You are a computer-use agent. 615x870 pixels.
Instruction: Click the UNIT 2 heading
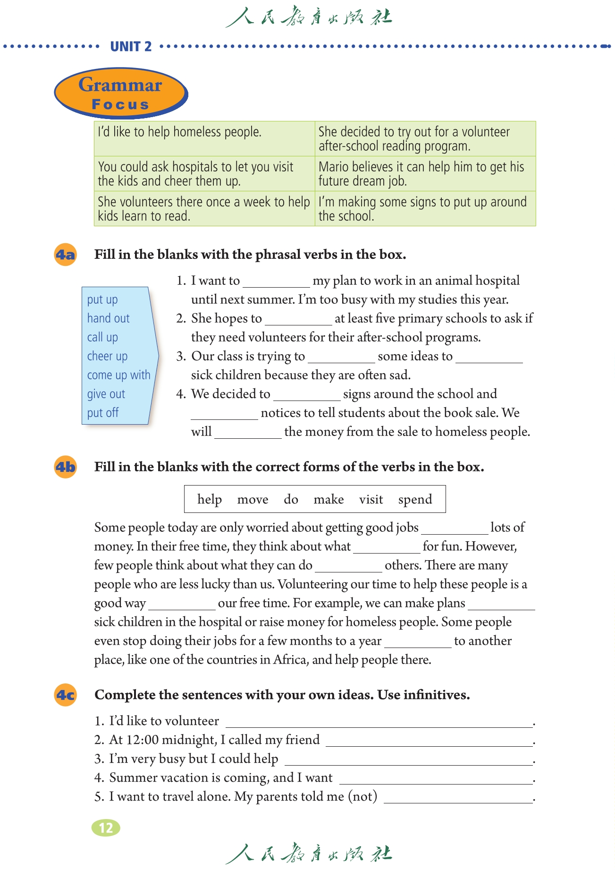pyautogui.click(x=131, y=46)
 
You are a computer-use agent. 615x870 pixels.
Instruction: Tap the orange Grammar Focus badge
pyautogui.click(x=120, y=93)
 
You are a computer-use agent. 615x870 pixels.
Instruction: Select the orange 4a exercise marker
pyautogui.click(x=65, y=255)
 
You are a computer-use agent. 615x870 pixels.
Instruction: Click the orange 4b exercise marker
pyautogui.click(x=65, y=467)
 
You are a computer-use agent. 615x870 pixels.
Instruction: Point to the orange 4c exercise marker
pyautogui.click(x=65, y=695)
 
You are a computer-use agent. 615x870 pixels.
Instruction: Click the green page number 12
pyautogui.click(x=106, y=827)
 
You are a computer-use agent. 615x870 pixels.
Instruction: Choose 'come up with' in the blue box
pyautogui.click(x=118, y=375)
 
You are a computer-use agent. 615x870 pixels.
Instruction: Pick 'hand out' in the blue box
pyautogui.click(x=108, y=318)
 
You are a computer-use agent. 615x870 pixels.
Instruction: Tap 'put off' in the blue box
pyautogui.click(x=102, y=413)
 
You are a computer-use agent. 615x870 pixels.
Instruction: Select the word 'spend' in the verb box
pyautogui.click(x=415, y=499)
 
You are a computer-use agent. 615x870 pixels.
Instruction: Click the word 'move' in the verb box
pyautogui.click(x=253, y=499)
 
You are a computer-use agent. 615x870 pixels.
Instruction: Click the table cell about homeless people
pyautogui.click(x=204, y=138)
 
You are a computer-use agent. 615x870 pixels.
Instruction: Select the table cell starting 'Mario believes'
pyautogui.click(x=425, y=174)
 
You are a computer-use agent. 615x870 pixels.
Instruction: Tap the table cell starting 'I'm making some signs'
pyautogui.click(x=425, y=209)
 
